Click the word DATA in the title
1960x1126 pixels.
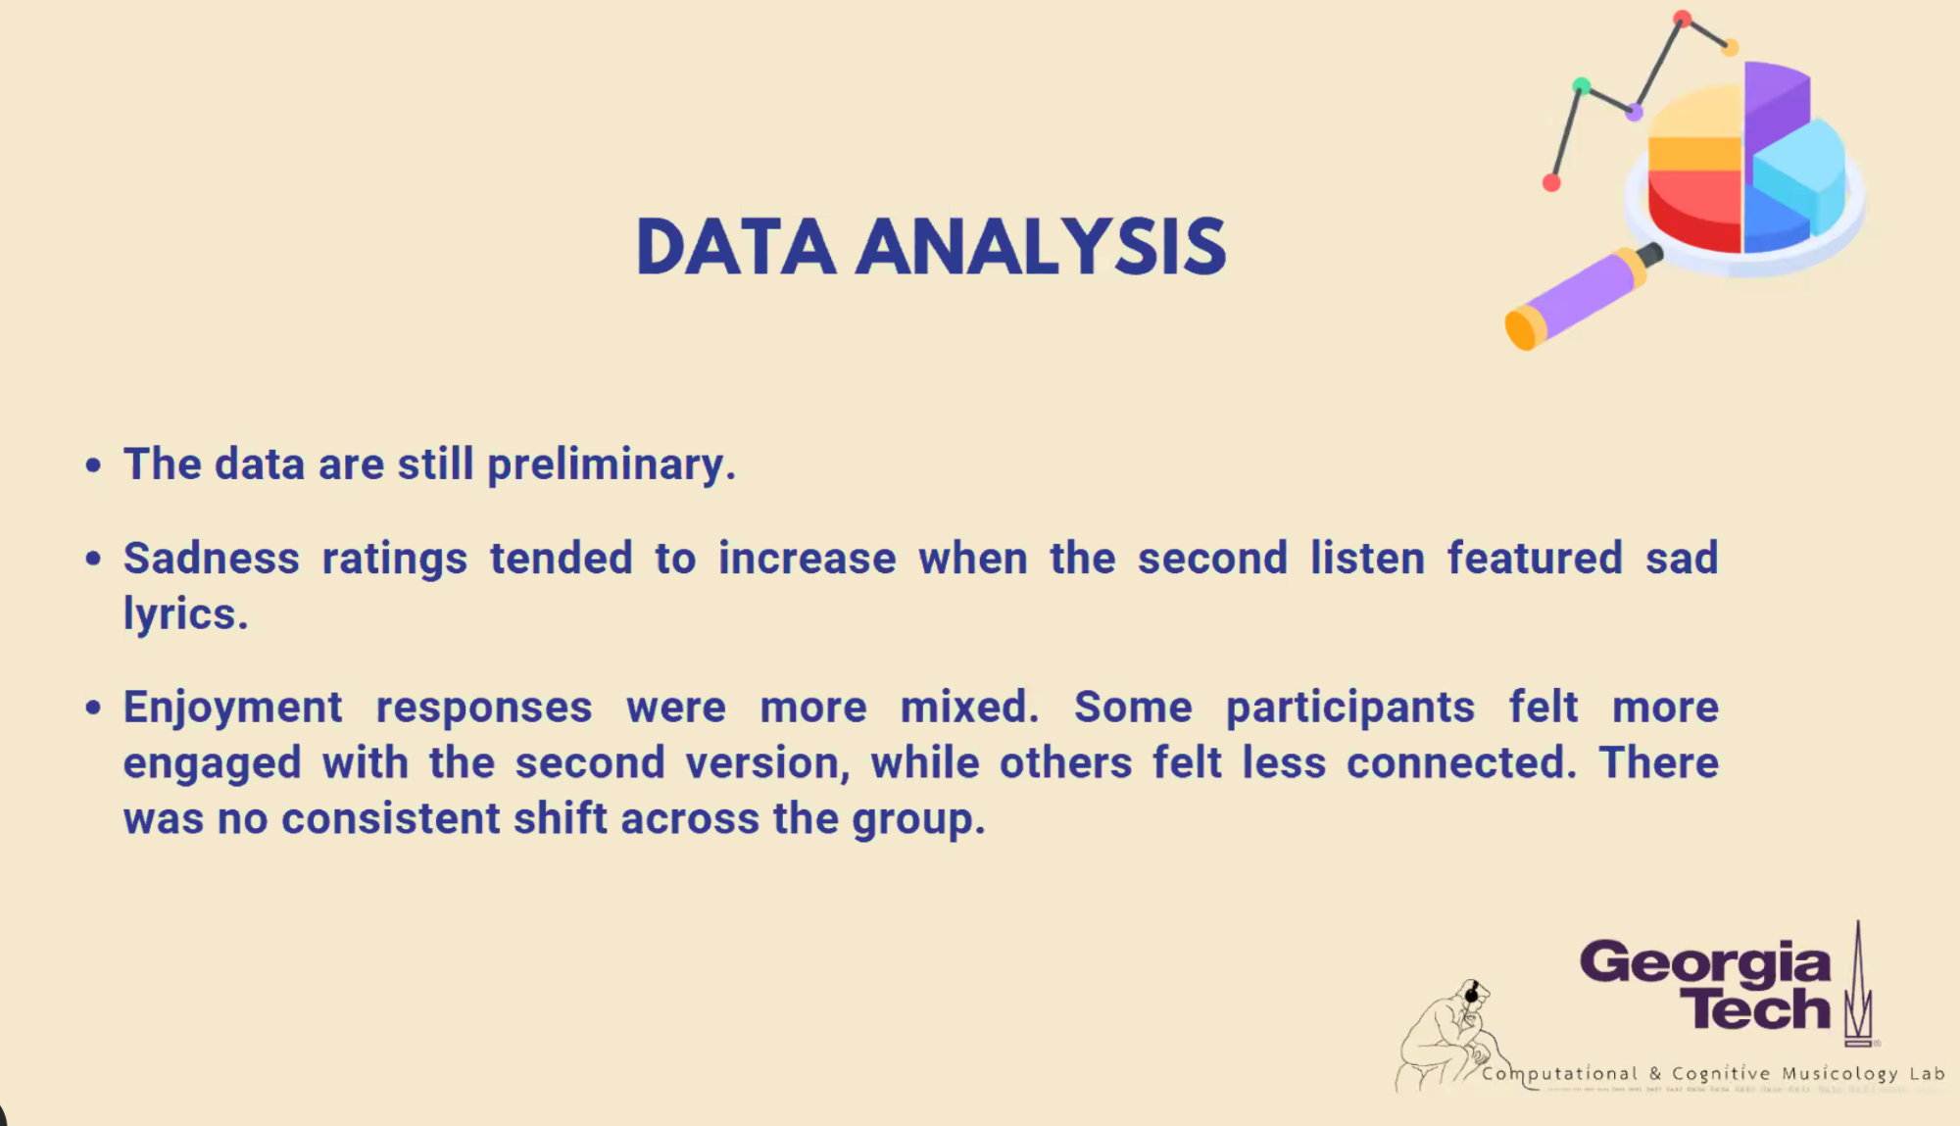click(736, 246)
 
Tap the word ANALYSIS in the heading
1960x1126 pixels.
click(1041, 246)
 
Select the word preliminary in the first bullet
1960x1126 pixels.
click(612, 465)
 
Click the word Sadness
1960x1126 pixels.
click(212, 559)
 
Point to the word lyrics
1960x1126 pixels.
click(186, 615)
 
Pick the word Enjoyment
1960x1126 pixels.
click(233, 709)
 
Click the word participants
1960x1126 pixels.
click(1350, 709)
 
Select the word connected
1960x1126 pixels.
click(1461, 762)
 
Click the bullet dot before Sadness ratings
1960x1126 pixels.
click(93, 559)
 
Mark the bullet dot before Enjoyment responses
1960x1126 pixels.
click(93, 708)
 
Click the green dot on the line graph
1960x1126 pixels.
click(1581, 86)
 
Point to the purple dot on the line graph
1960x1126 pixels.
click(1634, 113)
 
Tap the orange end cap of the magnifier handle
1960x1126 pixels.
click(1522, 327)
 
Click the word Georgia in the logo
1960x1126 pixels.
click(1705, 962)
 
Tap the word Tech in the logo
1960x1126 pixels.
click(1754, 1009)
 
